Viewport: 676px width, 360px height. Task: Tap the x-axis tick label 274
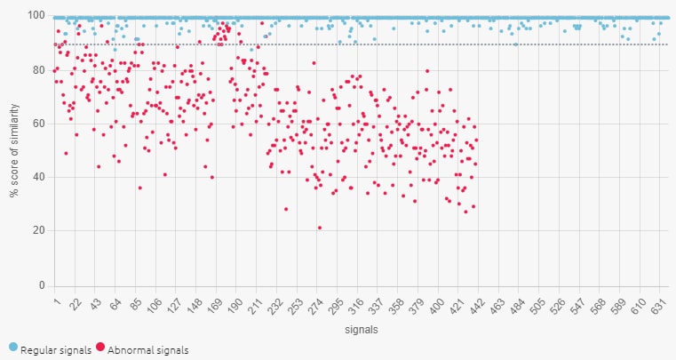click(317, 307)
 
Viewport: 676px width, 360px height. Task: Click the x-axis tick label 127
click(174, 307)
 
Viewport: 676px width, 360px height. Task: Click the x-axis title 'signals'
click(360, 330)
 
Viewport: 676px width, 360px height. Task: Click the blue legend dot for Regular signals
click(12, 349)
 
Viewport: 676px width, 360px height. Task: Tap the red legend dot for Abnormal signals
click(100, 349)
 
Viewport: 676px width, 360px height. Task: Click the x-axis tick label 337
click(375, 307)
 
